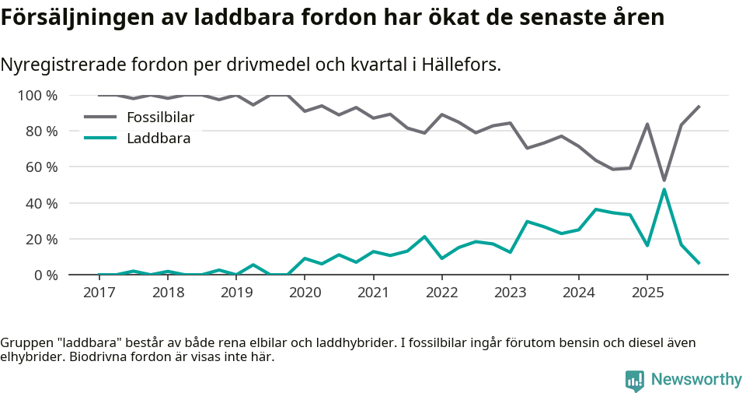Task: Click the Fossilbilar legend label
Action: [160, 118]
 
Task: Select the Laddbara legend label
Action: [159, 139]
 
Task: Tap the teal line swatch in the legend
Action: [100, 139]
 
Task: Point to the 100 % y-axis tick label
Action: [38, 95]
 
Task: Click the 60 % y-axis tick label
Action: [41, 167]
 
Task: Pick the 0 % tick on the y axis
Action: [44, 275]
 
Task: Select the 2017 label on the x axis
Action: [99, 293]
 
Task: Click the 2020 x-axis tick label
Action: [305, 293]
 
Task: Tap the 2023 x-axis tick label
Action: [511, 293]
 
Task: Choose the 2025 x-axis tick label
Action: [647, 293]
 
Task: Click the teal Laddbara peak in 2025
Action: [664, 189]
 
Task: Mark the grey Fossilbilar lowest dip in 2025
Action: [664, 181]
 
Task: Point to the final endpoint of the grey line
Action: [699, 106]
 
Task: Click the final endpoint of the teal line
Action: [699, 264]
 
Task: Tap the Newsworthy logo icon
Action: [635, 380]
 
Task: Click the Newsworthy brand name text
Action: [696, 380]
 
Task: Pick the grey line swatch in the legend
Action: [100, 118]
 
